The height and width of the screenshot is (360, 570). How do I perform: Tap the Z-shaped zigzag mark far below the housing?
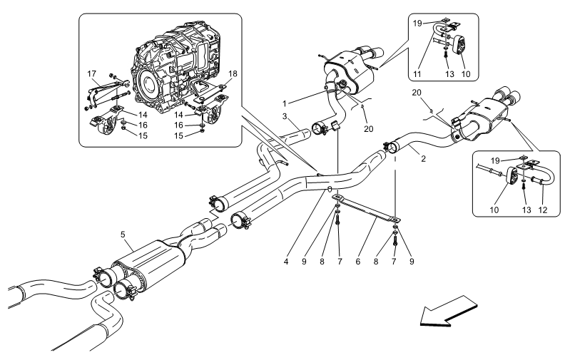(214, 214)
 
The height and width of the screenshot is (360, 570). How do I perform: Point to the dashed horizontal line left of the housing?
(101, 104)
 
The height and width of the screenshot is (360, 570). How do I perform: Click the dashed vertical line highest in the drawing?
(446, 34)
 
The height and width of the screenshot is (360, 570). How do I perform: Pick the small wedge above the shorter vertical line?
(349, 95)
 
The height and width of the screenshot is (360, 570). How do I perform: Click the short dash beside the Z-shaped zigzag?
(232, 223)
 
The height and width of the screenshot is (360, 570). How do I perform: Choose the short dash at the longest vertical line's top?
(389, 150)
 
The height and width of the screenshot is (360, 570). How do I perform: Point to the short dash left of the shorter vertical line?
(315, 129)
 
